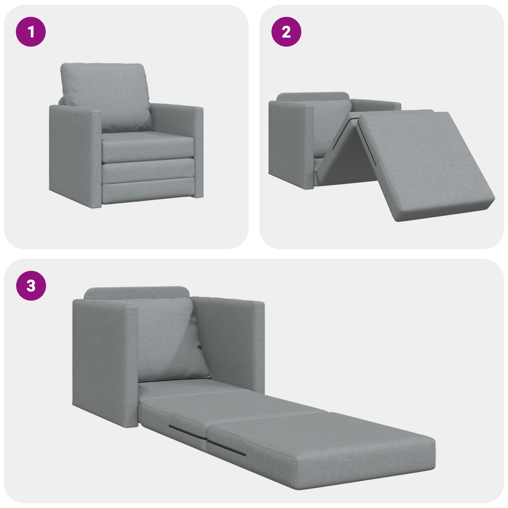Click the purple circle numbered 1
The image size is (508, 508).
pos(31,32)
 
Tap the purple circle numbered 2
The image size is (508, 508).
pos(286,32)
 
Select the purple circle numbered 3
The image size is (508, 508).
pos(31,285)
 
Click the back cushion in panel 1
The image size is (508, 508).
pos(105,95)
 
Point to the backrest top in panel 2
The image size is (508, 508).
pos(313,96)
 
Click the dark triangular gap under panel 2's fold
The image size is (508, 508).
pos(351,159)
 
